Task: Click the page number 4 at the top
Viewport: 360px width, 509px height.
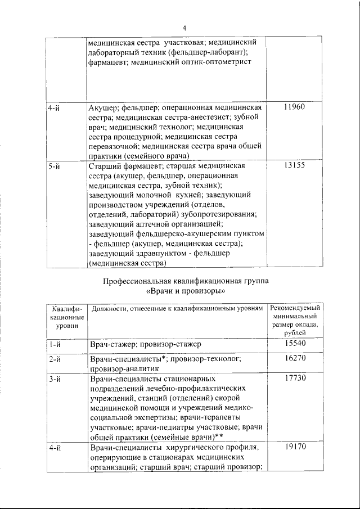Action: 184,29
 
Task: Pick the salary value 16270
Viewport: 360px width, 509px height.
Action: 295,358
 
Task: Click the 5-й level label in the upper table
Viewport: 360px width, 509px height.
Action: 55,166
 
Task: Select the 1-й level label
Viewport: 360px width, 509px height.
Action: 55,343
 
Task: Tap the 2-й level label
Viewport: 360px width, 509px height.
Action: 55,358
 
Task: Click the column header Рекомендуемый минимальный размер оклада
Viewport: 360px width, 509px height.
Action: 295,320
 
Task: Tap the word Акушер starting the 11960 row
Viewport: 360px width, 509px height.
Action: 102,107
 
